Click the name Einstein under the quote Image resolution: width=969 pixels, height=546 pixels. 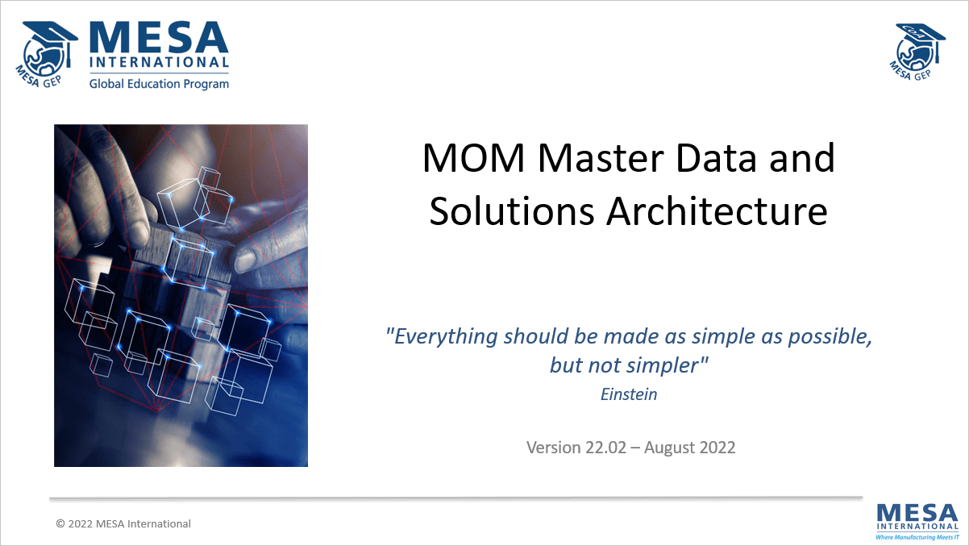[629, 394]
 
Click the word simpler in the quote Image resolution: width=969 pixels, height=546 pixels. [666, 365]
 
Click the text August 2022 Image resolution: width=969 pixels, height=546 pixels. [689, 447]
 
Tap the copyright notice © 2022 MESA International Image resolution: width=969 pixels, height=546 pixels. [123, 523]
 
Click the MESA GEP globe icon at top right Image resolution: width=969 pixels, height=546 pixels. [920, 50]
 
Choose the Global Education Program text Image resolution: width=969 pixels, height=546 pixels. [159, 83]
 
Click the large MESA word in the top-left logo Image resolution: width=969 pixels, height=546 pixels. [159, 37]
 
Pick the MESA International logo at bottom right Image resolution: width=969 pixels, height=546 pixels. [917, 517]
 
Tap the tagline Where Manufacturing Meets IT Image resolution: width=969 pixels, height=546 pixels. [917, 536]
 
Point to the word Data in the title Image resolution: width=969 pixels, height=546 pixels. [712, 158]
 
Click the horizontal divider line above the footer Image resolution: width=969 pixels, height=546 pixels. [455, 498]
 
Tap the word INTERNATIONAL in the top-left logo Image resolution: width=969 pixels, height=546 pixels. [159, 63]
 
